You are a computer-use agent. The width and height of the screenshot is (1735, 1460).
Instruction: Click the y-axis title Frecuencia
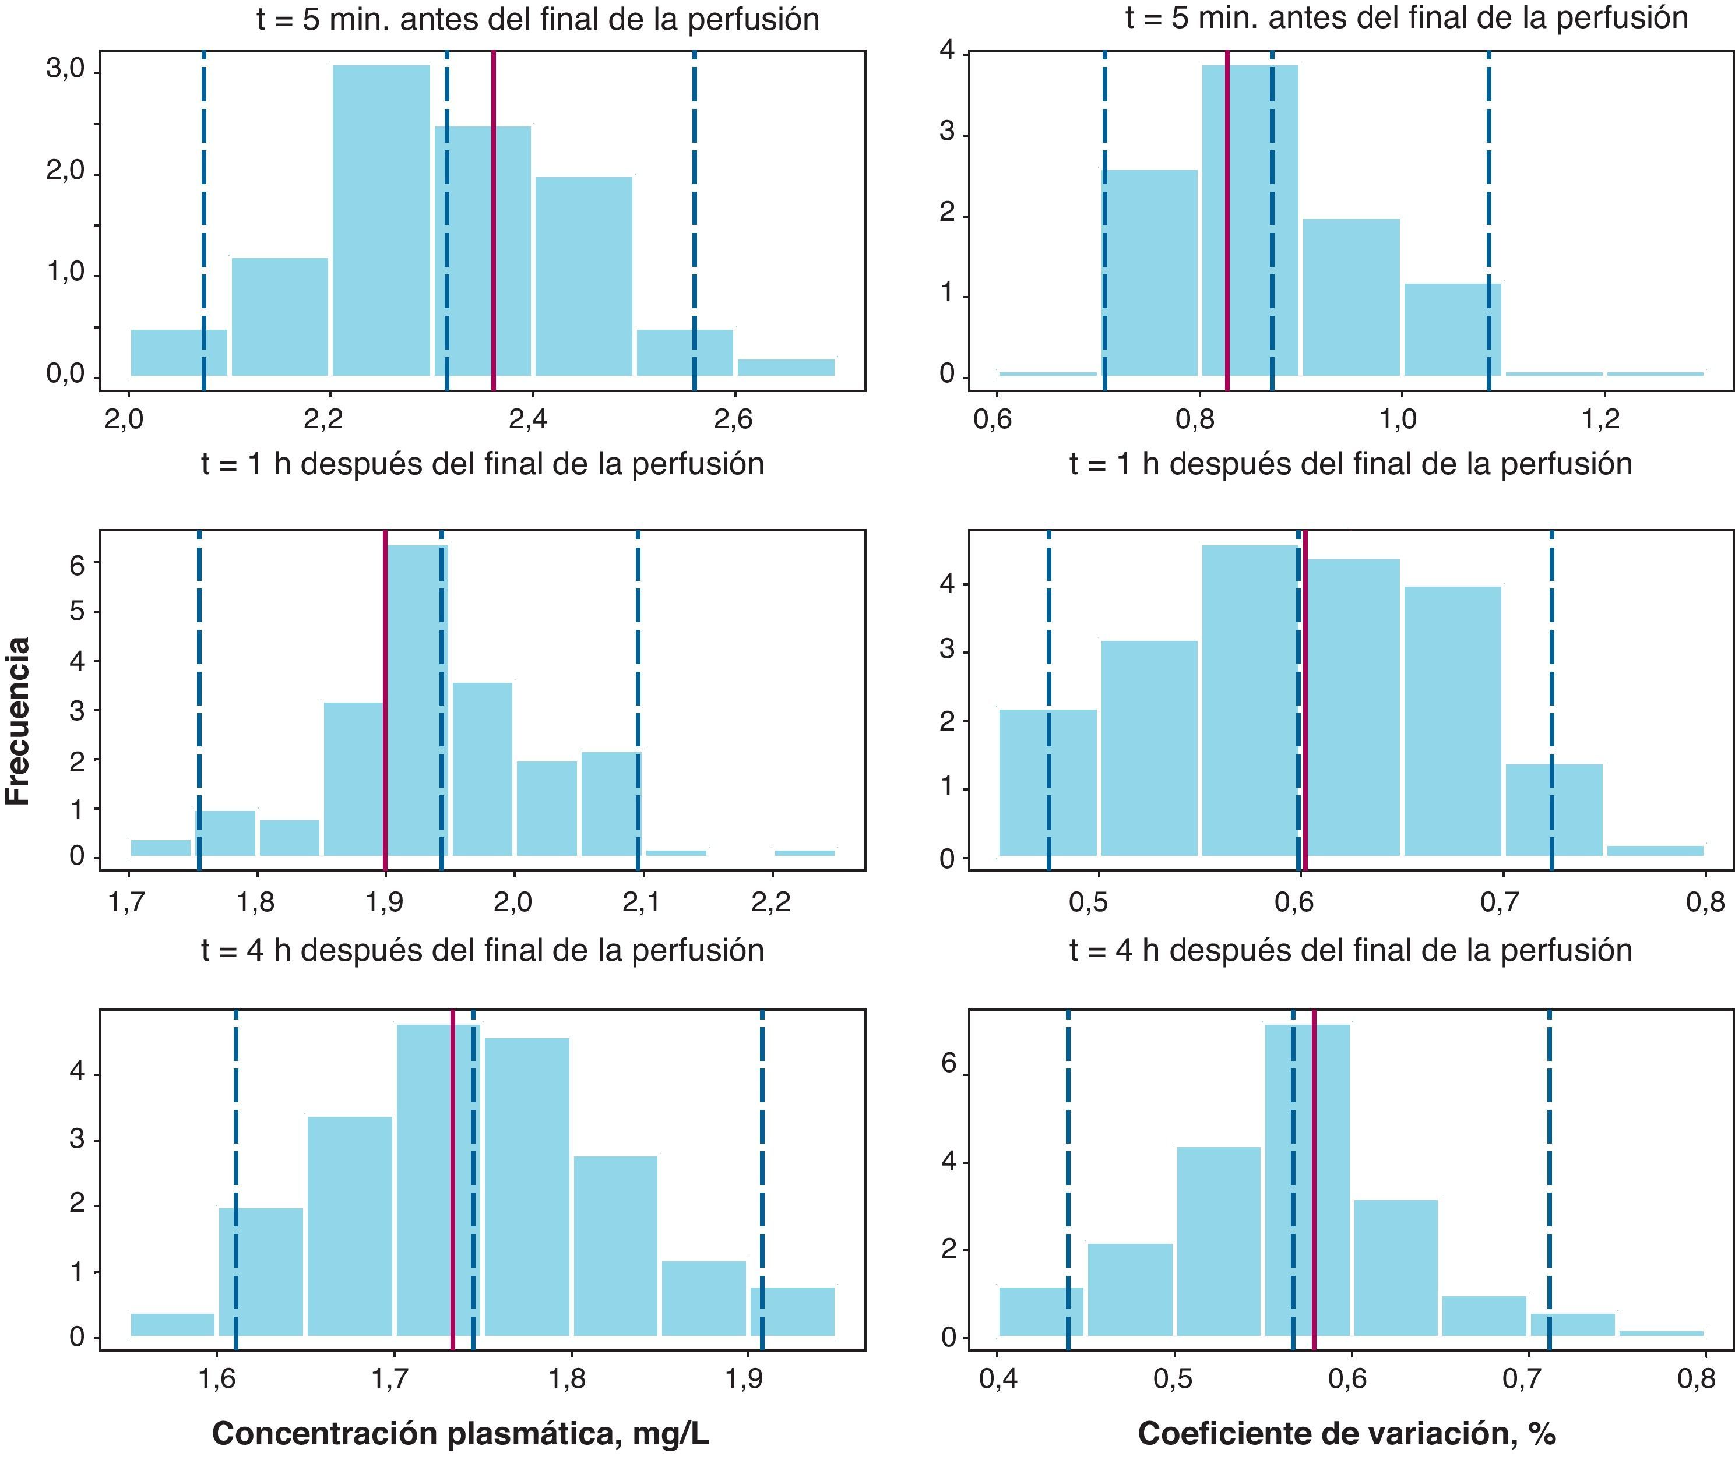[x=18, y=720]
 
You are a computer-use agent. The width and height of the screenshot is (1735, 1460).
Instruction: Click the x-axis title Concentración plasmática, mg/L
[x=460, y=1434]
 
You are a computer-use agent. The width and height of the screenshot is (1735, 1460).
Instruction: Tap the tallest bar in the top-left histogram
[x=382, y=220]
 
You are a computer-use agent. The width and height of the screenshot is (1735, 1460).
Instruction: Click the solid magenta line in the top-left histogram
[x=494, y=220]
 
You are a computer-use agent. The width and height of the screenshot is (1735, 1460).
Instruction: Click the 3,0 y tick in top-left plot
[x=65, y=71]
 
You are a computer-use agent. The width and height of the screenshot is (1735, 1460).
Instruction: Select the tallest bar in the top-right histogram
[x=1251, y=220]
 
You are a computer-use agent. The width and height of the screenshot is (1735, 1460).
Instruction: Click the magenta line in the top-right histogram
[x=1227, y=220]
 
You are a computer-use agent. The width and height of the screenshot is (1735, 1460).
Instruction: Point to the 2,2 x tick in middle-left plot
[x=770, y=902]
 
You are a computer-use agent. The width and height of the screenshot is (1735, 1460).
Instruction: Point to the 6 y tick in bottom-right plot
[x=949, y=1064]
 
